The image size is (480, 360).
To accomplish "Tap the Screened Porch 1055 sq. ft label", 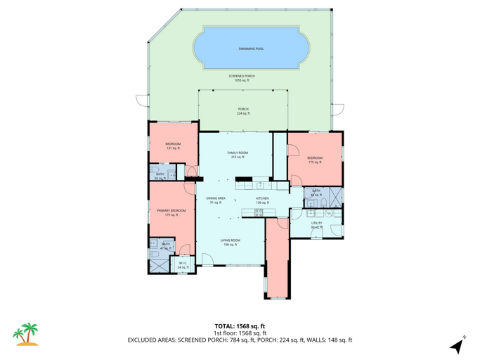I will coord(241,78).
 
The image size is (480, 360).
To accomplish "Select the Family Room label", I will coord(237,155).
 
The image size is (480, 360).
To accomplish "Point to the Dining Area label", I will coord(216,200).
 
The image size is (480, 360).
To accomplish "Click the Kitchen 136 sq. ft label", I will coord(263,200).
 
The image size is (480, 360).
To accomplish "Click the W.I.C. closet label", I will coord(183,266).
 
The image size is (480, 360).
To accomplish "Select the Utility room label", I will coord(316,225).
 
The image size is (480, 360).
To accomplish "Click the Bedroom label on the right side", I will coord(314,160).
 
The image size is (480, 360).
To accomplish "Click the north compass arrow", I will coord(458,345).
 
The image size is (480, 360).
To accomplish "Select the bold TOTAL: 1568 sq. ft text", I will coord(240,326).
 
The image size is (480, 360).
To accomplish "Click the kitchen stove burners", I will coord(258,212).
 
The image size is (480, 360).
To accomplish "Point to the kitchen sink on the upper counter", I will coord(260,185).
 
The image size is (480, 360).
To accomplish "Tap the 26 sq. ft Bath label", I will coord(160,176).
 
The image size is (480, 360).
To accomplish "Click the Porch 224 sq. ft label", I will coord(242,111).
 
